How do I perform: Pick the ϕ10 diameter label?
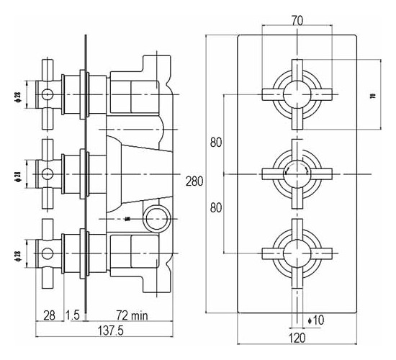pyautogui.click(x=318, y=320)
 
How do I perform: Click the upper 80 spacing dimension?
pyautogui.click(x=215, y=142)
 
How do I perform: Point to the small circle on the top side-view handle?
pyautogui.click(x=48, y=94)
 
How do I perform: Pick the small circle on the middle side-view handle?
pyautogui.click(x=48, y=173)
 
